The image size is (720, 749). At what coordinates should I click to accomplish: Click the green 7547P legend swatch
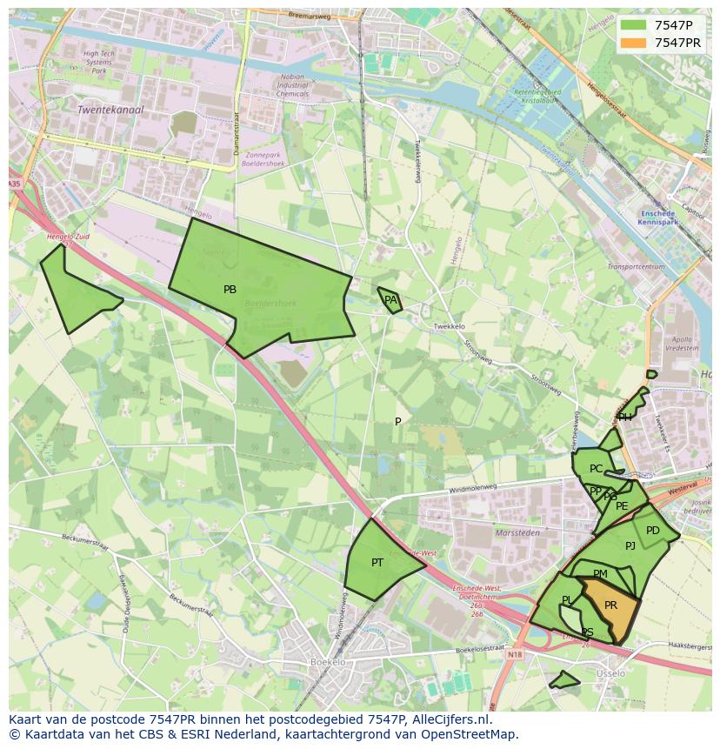(634, 26)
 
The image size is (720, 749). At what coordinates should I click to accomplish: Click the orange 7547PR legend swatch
(634, 43)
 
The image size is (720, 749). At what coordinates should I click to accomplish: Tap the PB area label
(230, 290)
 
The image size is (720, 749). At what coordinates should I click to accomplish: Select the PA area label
(390, 300)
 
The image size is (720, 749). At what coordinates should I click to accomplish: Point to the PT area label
(377, 563)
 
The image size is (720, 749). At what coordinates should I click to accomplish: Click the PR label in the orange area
(610, 605)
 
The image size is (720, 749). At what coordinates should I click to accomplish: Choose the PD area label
(653, 531)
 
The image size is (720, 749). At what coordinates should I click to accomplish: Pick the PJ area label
(630, 546)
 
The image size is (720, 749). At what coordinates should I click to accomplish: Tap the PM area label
(600, 574)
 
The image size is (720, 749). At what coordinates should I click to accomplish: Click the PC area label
(596, 469)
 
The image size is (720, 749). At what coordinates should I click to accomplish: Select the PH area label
(625, 418)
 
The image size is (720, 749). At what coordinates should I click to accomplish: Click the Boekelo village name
(328, 662)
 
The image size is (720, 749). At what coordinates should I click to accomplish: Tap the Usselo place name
(610, 674)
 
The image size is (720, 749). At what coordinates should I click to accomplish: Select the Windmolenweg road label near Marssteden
(472, 491)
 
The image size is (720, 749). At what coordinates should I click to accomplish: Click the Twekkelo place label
(449, 326)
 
